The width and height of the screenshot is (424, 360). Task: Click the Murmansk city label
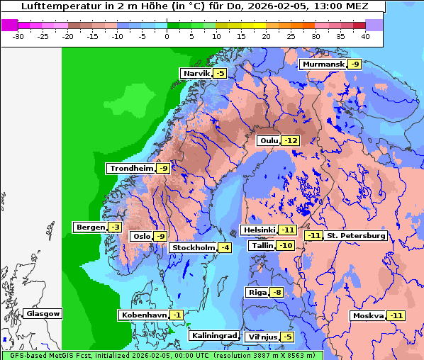pyautogui.click(x=323, y=64)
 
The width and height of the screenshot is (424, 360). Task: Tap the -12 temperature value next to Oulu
pyautogui.click(x=290, y=140)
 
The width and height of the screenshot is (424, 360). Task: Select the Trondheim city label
pyautogui.click(x=131, y=168)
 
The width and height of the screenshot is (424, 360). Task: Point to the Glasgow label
pyautogui.click(x=43, y=313)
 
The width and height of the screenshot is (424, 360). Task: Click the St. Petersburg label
pyautogui.click(x=355, y=235)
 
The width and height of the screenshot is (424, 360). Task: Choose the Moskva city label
pyautogui.click(x=368, y=315)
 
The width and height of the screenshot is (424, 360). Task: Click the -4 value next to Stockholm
pyautogui.click(x=225, y=247)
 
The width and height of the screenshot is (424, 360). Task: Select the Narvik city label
pyautogui.click(x=196, y=73)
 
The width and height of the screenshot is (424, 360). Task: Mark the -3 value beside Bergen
pyautogui.click(x=115, y=227)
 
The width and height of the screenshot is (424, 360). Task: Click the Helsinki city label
pyautogui.click(x=259, y=230)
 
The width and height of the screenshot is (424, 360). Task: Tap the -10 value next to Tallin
pyautogui.click(x=286, y=245)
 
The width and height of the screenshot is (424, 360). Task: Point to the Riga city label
pyautogui.click(x=257, y=292)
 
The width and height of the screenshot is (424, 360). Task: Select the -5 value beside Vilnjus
pyautogui.click(x=286, y=337)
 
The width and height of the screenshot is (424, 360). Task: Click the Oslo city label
pyautogui.click(x=142, y=236)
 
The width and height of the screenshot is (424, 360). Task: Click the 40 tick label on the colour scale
pyautogui.click(x=365, y=35)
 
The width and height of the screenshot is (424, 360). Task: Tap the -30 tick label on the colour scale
pyautogui.click(x=19, y=35)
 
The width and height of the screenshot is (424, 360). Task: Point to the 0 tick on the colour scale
pyautogui.click(x=167, y=35)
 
